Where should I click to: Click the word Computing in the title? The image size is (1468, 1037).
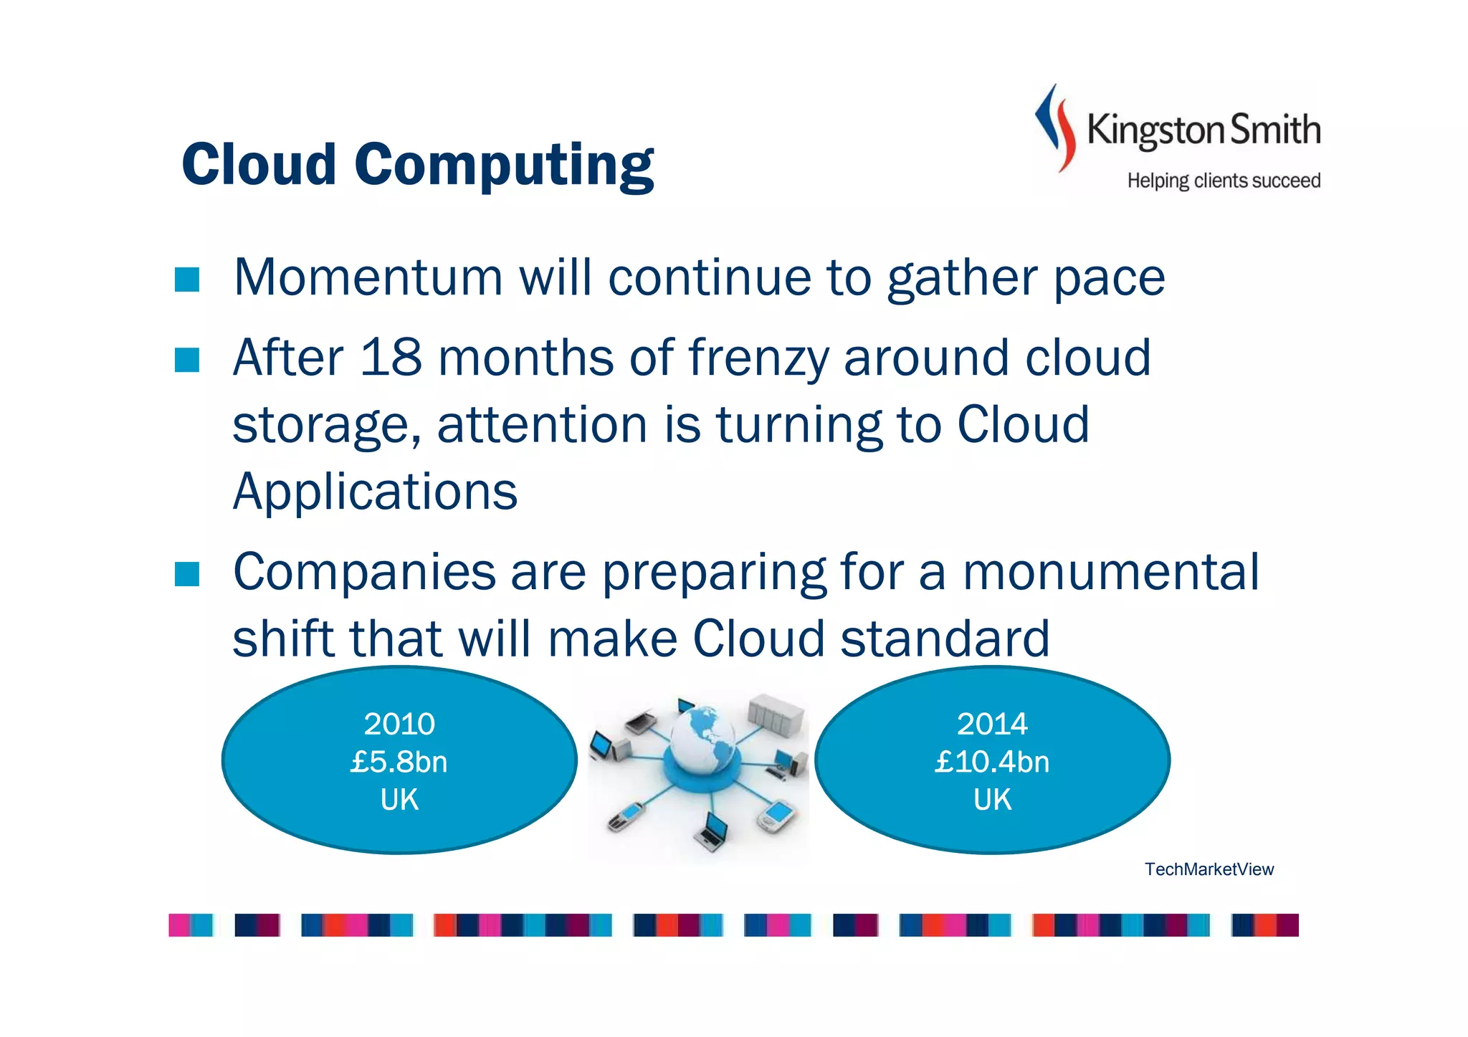[503, 165]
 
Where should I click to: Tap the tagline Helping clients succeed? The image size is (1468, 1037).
[1223, 181]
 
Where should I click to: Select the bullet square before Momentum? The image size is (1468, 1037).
[187, 279]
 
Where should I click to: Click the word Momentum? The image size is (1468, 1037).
[368, 278]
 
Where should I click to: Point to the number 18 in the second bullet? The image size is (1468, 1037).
[391, 358]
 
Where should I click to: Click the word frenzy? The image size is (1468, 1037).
[758, 358]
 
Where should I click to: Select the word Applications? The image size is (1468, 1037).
[375, 492]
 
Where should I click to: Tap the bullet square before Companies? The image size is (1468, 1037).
[187, 574]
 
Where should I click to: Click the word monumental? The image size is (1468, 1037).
[1110, 573]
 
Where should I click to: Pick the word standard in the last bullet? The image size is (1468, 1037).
[944, 639]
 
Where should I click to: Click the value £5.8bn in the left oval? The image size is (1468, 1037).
[399, 762]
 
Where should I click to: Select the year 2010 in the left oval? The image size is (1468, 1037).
[399, 724]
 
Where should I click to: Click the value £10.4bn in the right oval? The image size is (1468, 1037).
[991, 762]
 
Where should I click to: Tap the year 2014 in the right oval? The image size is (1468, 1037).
[991, 724]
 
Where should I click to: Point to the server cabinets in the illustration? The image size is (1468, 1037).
[776, 715]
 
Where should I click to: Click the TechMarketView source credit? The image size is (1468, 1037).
[1209, 869]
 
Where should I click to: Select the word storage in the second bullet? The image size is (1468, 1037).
[326, 425]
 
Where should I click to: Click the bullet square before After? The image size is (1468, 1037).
[187, 360]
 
